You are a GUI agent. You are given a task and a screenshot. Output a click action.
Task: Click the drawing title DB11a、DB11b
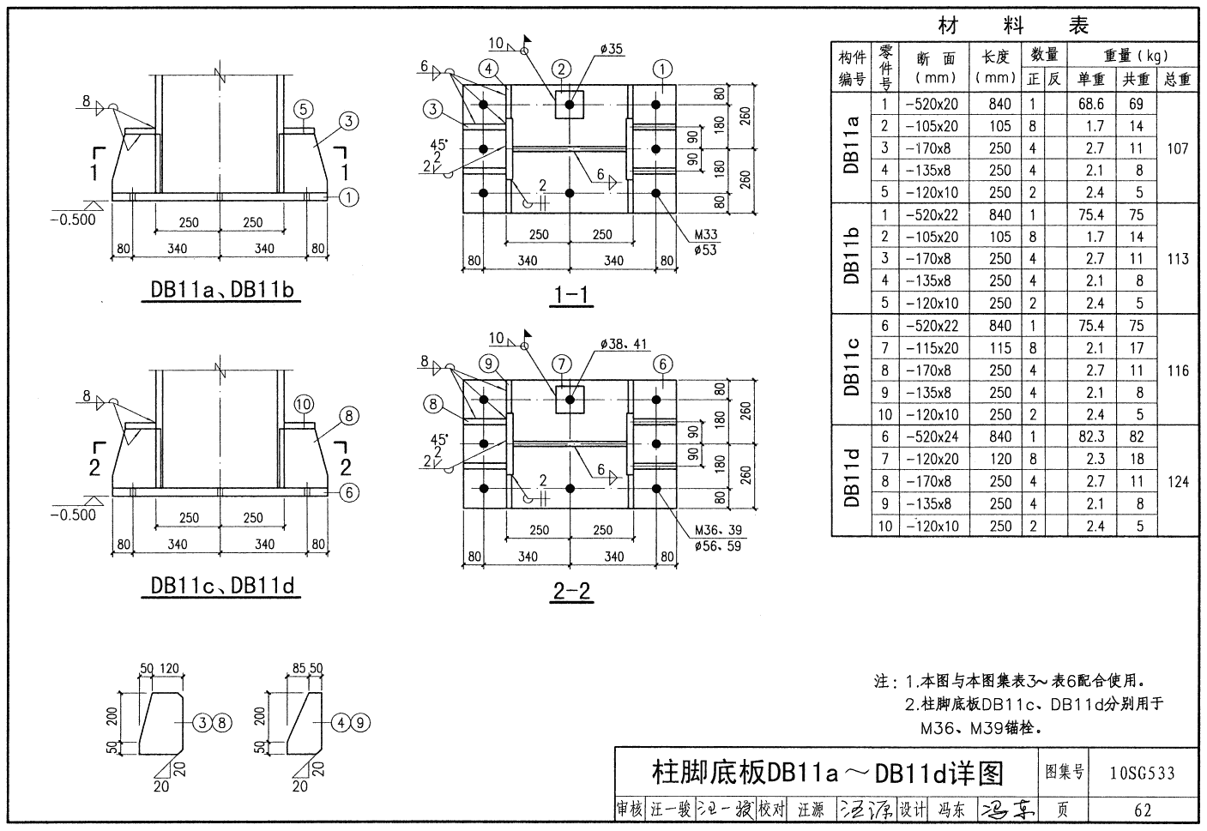[222, 290]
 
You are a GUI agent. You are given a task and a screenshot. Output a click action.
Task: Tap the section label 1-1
[570, 296]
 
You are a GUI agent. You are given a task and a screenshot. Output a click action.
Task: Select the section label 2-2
[570, 591]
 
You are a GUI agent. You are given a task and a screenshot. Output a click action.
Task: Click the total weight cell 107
[1178, 148]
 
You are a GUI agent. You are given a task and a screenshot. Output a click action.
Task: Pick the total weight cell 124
[1178, 481]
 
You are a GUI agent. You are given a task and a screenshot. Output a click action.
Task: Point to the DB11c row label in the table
[851, 370]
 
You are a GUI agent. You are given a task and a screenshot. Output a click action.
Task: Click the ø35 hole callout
[611, 49]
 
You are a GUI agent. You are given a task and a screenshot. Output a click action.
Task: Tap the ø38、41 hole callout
[624, 345]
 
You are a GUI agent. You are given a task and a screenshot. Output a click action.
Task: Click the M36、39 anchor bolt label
[718, 530]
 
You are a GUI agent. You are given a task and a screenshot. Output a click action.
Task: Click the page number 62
[1142, 810]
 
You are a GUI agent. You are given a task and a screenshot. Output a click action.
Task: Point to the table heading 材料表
[1013, 27]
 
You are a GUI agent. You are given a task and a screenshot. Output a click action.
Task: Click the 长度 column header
[996, 66]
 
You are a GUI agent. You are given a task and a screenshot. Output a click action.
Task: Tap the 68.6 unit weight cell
[1091, 104]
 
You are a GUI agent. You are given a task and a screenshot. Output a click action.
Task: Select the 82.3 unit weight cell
[1091, 437]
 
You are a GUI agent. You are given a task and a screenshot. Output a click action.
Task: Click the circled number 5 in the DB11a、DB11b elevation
[303, 109]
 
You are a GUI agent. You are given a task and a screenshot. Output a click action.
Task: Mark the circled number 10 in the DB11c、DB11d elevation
[303, 404]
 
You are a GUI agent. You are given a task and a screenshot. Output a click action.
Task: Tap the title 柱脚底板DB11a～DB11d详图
[827, 773]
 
